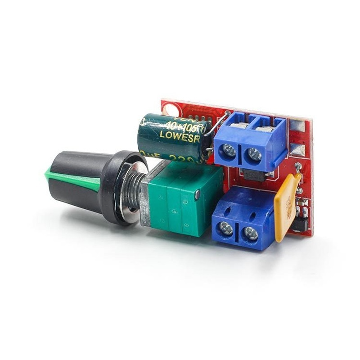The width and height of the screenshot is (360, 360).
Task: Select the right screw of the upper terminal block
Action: click(254, 155)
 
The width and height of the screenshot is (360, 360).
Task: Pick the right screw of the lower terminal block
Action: click(250, 234)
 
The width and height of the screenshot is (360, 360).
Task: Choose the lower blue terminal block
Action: click(243, 216)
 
